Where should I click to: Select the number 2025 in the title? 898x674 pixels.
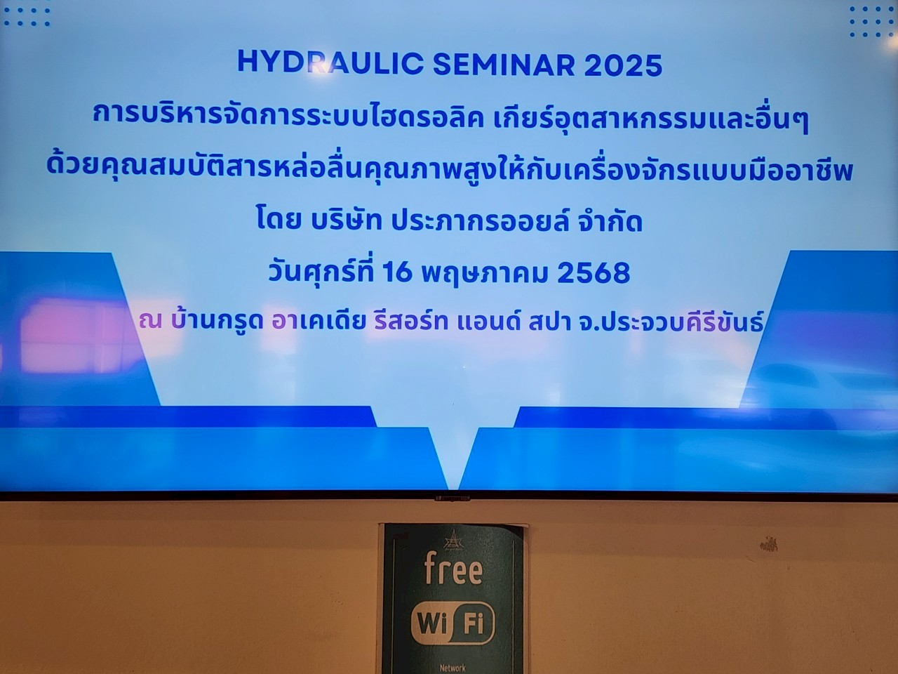coord(623,65)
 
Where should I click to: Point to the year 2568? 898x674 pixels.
coord(594,273)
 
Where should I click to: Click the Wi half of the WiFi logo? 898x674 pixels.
coord(432,625)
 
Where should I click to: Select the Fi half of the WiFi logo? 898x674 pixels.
coord(474,625)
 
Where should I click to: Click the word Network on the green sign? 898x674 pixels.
coord(453,668)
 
